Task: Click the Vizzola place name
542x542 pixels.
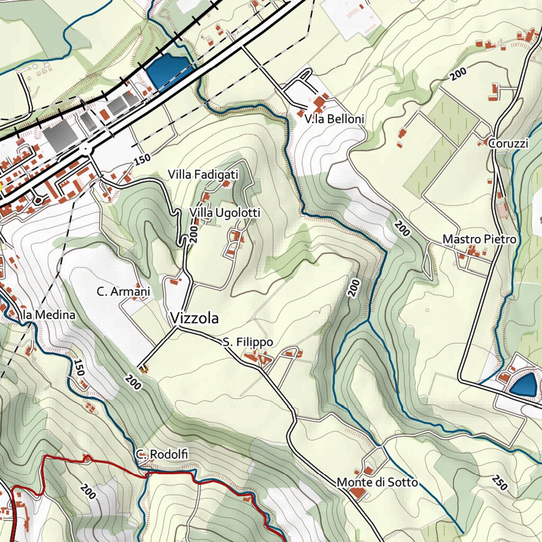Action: click(194, 318)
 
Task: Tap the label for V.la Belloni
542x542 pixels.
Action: click(335, 120)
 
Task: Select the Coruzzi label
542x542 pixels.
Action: click(509, 144)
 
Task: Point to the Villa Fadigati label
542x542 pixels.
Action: click(203, 174)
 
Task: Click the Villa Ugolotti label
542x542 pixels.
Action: click(225, 213)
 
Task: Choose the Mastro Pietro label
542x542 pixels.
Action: click(479, 240)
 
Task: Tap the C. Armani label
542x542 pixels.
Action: click(123, 292)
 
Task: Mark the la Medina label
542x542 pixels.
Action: click(49, 315)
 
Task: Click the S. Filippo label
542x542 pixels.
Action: click(248, 342)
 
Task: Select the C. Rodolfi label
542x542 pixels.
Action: click(161, 455)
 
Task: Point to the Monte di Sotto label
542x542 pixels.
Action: click(377, 482)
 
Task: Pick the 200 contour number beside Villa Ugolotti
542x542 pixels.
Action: click(192, 233)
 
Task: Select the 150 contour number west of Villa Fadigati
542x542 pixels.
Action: click(142, 157)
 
